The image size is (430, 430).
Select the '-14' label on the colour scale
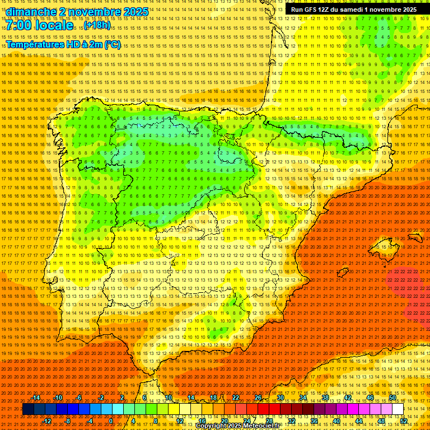(36, 398)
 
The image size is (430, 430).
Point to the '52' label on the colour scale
(404, 421)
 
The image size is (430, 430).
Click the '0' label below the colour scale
(111, 421)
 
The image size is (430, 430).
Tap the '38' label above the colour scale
(325, 398)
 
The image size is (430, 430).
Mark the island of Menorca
(415, 237)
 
